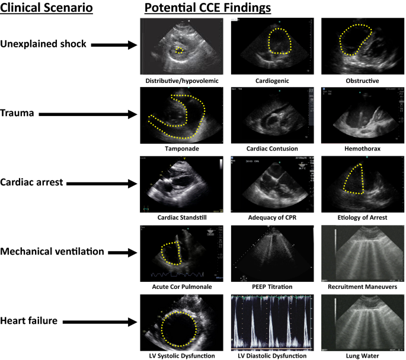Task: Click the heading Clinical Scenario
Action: pos(47,8)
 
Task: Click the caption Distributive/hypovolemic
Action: pos(179,81)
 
